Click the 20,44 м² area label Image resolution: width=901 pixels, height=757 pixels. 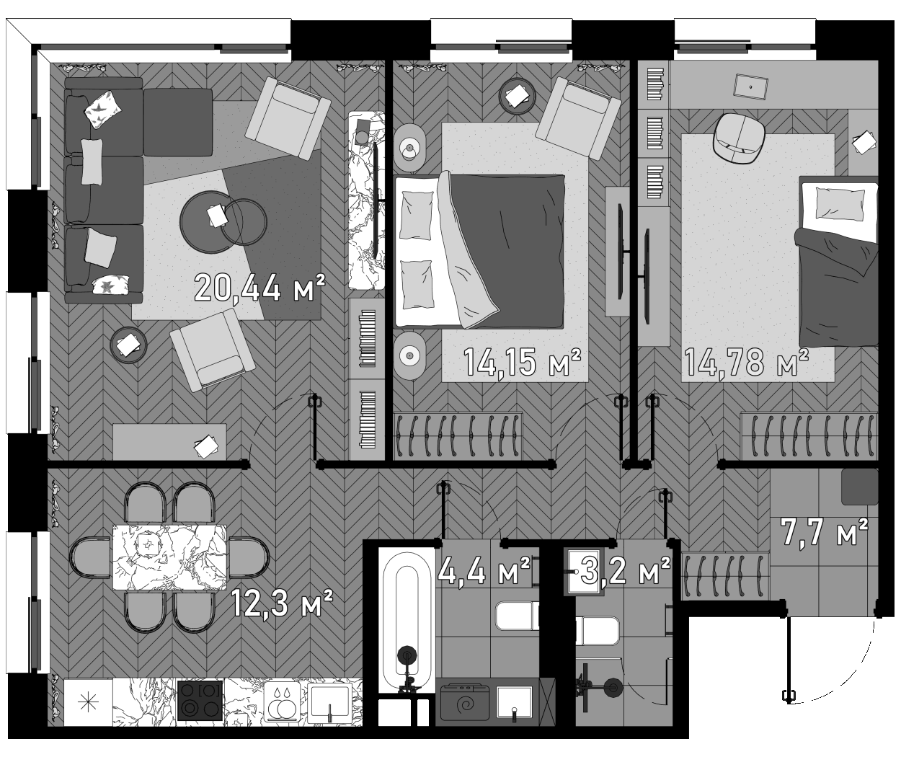[x=259, y=288]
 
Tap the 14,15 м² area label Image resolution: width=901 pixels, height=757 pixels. [x=522, y=363]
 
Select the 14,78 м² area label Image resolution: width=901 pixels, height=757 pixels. [x=745, y=362]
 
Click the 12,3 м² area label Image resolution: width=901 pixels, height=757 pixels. [x=281, y=603]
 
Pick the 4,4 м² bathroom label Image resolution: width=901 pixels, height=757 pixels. [x=484, y=572]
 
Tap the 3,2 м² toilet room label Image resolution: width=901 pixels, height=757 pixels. [x=625, y=572]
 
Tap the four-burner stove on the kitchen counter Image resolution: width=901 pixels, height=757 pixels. [x=200, y=700]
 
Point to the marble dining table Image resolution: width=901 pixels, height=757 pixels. [x=170, y=557]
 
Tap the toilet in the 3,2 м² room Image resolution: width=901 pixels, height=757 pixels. [x=598, y=632]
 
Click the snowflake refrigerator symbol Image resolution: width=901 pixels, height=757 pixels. [x=88, y=701]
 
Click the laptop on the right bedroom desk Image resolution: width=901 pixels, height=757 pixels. [x=751, y=86]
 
